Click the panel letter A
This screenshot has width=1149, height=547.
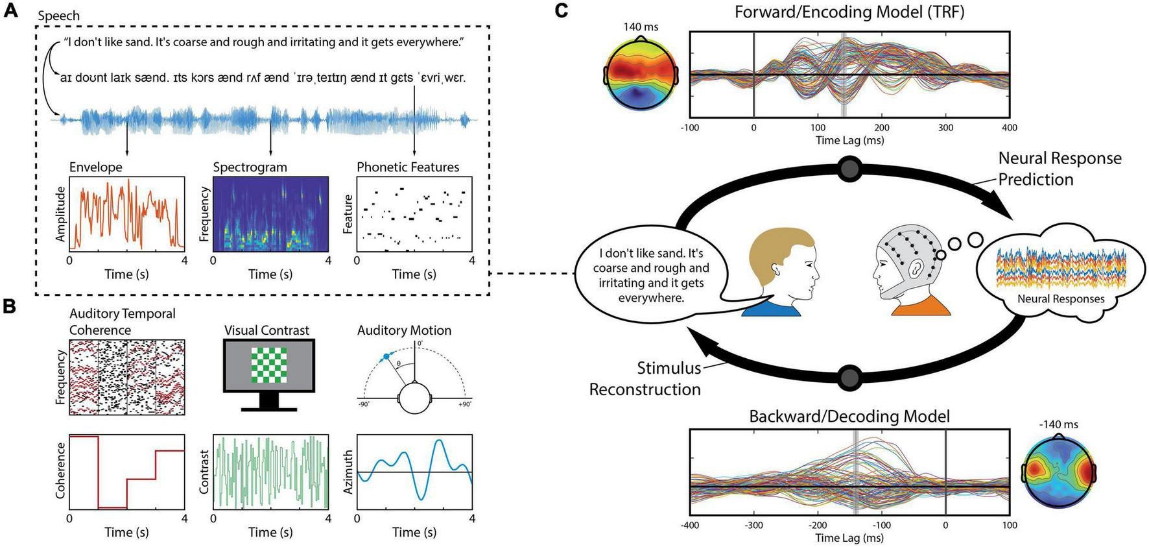[x=10, y=11]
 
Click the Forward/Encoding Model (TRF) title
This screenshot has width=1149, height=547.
[x=849, y=12]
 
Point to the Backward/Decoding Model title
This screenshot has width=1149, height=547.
[x=849, y=416]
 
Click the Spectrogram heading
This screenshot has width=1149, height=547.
[x=250, y=167]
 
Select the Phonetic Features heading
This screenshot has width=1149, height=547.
[x=407, y=167]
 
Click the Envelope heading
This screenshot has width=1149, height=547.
[x=95, y=167]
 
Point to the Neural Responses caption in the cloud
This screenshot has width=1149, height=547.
[x=1060, y=299]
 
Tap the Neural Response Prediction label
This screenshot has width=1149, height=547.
[x=1060, y=169]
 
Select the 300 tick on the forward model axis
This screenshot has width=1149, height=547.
[x=945, y=128]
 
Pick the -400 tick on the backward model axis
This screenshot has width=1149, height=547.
[x=690, y=525]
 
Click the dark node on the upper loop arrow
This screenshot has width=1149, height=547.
[x=849, y=169]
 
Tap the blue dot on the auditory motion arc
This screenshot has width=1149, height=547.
[x=386, y=356]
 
